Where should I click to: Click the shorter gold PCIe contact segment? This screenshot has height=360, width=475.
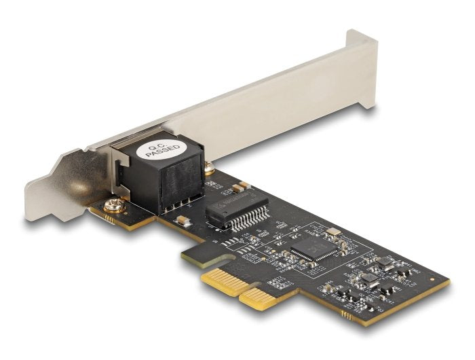pyautogui.click(x=258, y=298)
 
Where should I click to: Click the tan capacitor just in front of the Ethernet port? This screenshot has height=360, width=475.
pyautogui.click(x=183, y=220)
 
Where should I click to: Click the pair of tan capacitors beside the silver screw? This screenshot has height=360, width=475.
pyautogui.click(x=238, y=187)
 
